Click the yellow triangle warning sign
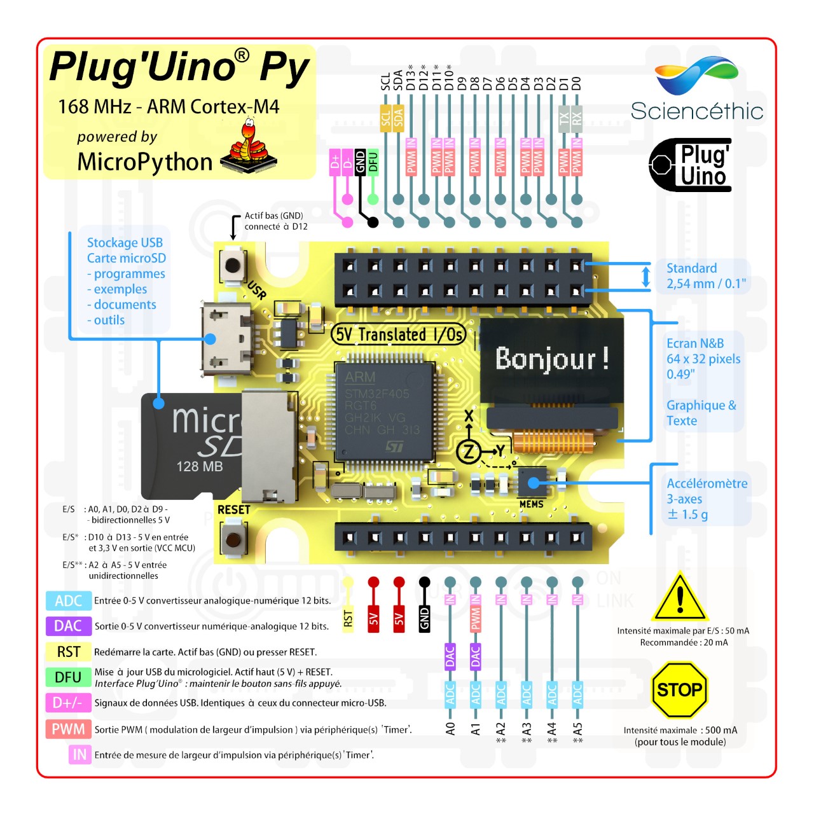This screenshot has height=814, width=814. (680, 600)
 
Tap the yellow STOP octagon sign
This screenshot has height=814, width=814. (679, 690)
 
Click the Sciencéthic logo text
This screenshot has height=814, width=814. (697, 111)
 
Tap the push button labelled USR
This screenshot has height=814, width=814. (233, 265)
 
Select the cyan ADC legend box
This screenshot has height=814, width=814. (68, 601)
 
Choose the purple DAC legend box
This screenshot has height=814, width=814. (68, 626)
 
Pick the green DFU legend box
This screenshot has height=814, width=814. (68, 677)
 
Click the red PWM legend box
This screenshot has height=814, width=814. (68, 729)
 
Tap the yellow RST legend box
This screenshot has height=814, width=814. (68, 652)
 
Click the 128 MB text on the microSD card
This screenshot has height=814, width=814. (200, 467)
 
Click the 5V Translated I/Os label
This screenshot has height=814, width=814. (399, 335)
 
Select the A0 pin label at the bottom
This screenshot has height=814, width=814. (450, 729)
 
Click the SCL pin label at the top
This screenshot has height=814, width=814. (385, 81)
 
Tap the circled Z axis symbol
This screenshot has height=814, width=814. (469, 452)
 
